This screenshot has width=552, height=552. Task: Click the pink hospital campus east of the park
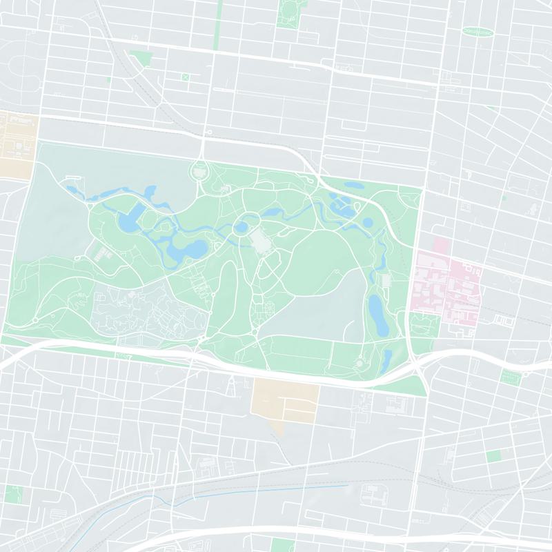pos(447,283)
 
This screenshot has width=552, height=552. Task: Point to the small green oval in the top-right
pos(477,32)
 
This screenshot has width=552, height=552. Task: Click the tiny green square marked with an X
pos(185,77)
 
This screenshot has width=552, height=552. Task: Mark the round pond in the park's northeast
pos(368,223)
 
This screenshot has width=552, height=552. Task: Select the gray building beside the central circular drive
pos(260,241)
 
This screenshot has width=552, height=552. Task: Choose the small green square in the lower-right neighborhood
pos(493,456)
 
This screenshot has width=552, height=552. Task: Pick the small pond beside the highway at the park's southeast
pos(387,359)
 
